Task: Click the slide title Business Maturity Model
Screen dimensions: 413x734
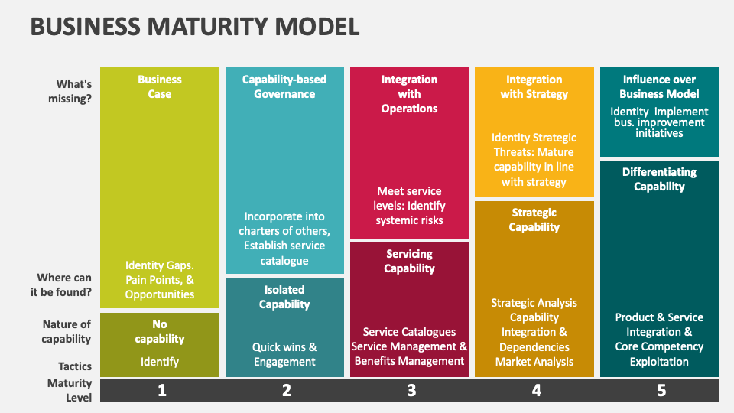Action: (194, 27)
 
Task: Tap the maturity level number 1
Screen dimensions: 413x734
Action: (161, 390)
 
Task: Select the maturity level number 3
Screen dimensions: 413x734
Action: (411, 390)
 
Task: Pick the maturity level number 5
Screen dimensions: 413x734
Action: (661, 390)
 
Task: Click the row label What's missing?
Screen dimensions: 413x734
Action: (73, 91)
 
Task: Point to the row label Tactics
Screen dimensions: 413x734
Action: (75, 366)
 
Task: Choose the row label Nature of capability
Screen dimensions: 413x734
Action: (67, 331)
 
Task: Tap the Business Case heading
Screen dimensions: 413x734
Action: (160, 86)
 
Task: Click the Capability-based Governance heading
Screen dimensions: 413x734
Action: (284, 86)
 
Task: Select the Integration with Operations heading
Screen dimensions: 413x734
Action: (409, 93)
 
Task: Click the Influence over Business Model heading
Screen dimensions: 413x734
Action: (658, 86)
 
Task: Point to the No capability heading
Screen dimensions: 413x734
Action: (160, 331)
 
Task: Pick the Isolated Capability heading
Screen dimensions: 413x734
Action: (284, 297)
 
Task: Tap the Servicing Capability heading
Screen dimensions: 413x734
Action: (409, 261)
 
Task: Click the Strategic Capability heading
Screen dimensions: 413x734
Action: (534, 220)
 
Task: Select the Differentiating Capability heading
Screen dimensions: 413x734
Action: (658, 179)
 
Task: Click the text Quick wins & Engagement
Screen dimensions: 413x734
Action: (284, 354)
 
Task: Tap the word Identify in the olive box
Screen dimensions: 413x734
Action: (160, 361)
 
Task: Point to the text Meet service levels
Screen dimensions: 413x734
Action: (411, 198)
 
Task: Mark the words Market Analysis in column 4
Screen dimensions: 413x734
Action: (534, 361)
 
